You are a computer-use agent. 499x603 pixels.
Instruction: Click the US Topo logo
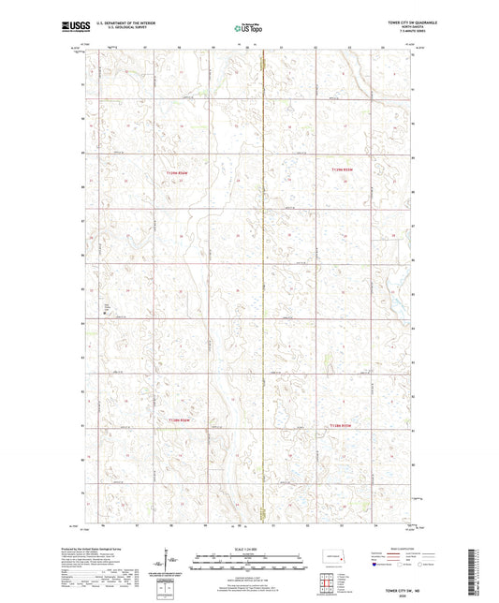(x=248, y=28)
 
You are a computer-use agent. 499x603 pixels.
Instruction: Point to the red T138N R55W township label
(x=342, y=424)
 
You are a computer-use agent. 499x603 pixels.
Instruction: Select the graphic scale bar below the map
(x=249, y=565)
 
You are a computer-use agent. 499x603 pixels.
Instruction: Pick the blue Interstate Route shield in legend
(x=375, y=565)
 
